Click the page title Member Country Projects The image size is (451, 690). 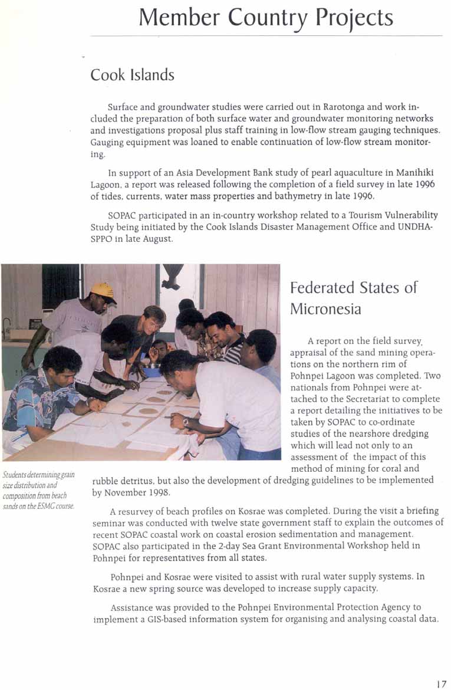coord(265,18)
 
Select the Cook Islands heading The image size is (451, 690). coord(132,75)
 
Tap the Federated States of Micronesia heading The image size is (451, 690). coord(353,298)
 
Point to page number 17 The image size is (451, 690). coord(441,684)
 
